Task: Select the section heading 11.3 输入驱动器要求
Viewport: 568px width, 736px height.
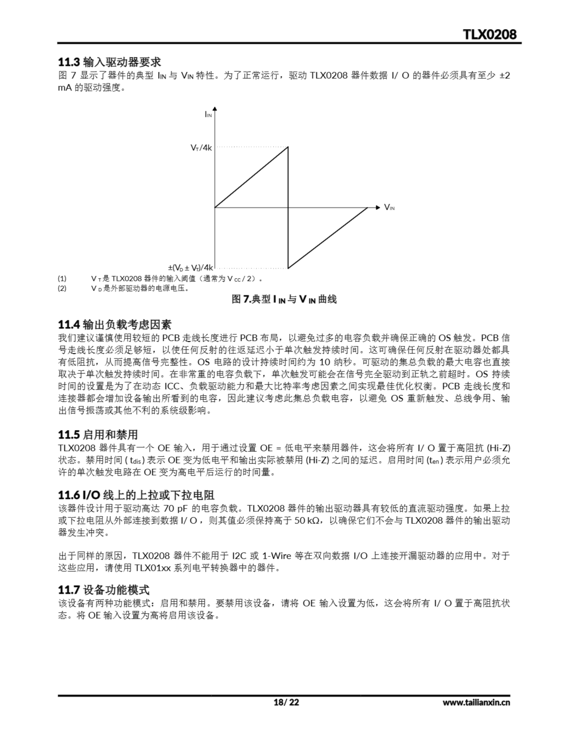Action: [x=109, y=62]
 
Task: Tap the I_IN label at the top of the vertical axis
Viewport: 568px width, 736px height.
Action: [x=208, y=115]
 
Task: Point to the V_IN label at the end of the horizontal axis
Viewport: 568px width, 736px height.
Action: [x=389, y=207]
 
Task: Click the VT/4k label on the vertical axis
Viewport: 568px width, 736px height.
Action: [x=201, y=147]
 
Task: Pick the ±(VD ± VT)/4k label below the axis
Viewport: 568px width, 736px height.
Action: [x=191, y=268]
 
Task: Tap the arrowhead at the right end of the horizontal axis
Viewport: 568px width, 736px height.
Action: [x=378, y=207]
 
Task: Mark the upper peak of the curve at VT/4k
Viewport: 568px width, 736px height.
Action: [x=288, y=147]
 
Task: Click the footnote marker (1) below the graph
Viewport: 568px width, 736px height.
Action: [x=62, y=279]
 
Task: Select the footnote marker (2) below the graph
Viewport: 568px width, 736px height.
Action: [x=62, y=288]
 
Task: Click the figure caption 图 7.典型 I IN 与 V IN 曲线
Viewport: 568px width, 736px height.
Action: [x=284, y=299]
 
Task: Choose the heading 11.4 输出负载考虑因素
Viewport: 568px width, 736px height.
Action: [x=115, y=325]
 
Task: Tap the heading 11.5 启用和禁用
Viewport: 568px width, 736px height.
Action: [x=98, y=435]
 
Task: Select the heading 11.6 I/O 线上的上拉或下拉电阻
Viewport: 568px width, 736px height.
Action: [x=136, y=495]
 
